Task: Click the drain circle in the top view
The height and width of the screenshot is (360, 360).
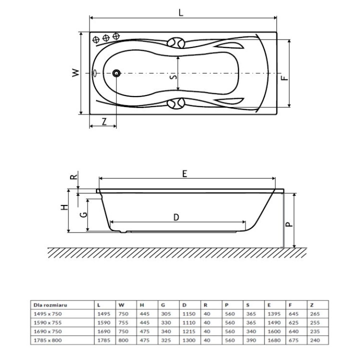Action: [x=116, y=73]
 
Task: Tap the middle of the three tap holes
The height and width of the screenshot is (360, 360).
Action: [x=106, y=38]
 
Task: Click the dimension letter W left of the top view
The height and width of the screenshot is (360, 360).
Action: [x=74, y=72]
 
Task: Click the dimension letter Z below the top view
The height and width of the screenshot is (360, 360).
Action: [x=103, y=121]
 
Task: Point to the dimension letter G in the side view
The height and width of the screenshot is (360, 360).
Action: [x=84, y=214]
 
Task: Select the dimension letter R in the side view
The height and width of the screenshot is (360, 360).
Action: [x=73, y=177]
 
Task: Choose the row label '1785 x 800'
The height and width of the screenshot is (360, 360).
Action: [x=45, y=339]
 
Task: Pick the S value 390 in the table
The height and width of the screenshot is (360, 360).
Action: [x=250, y=339]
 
